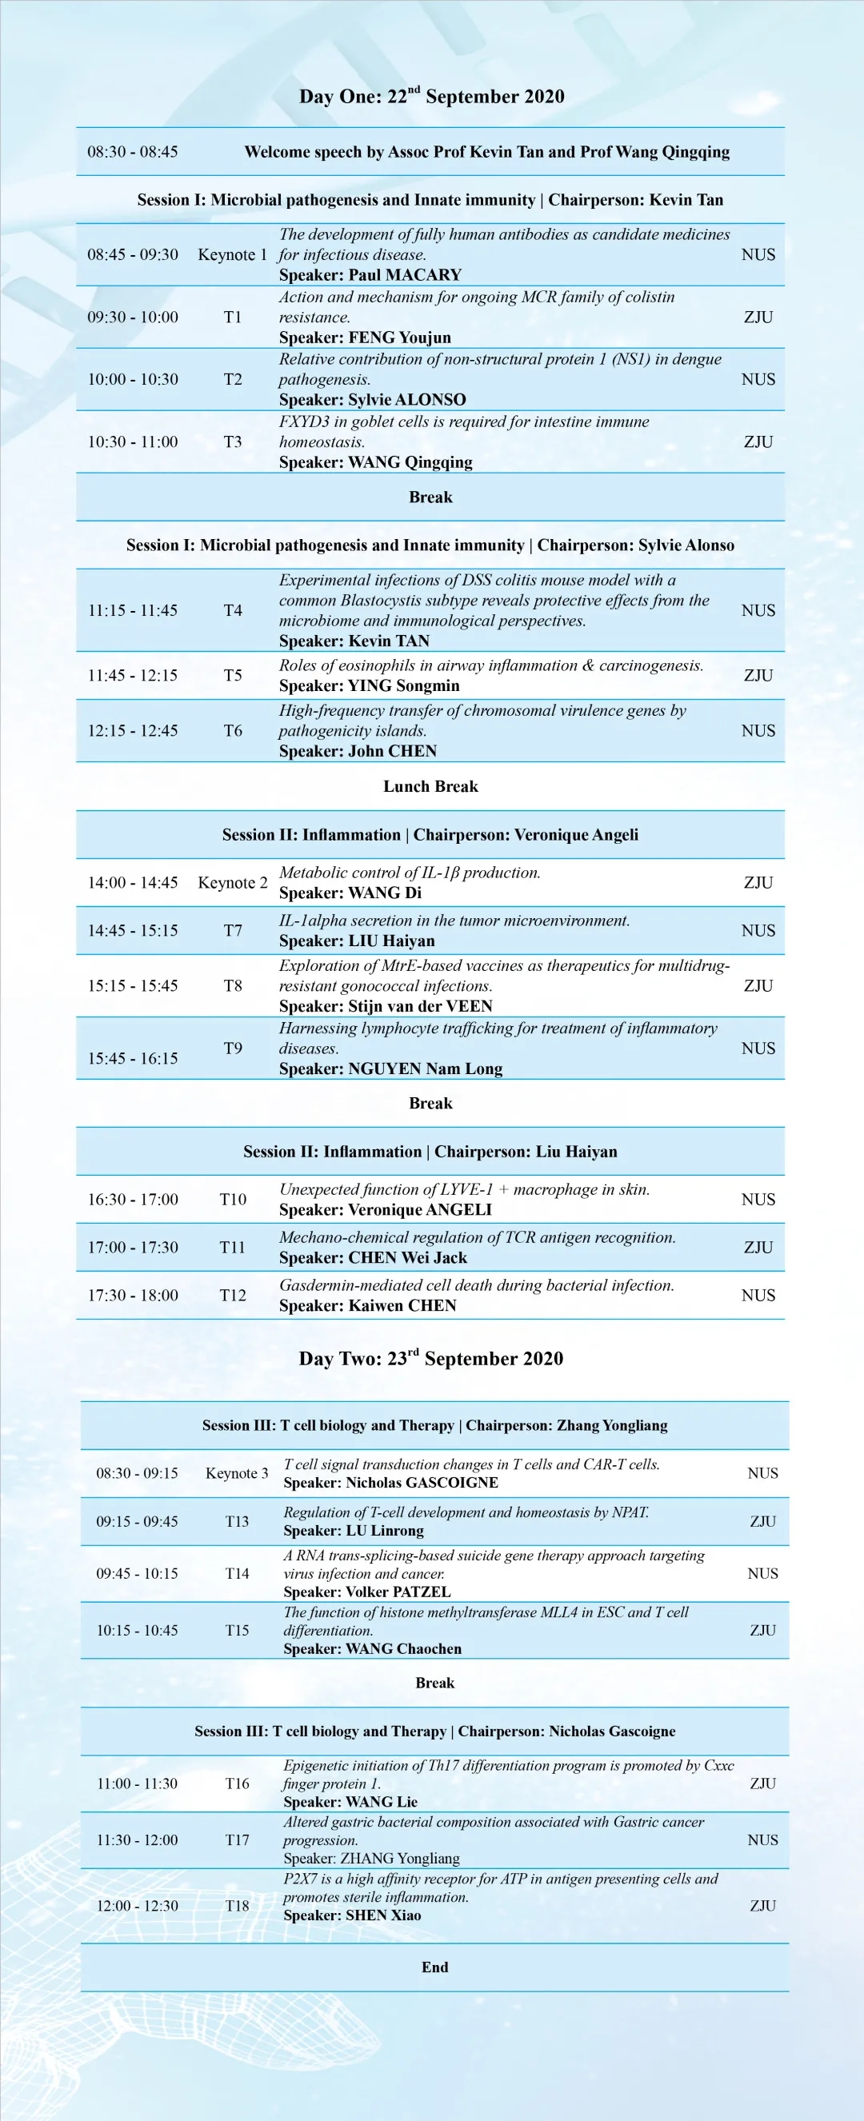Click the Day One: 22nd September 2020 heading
[431, 96]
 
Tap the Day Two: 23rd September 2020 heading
[430, 1359]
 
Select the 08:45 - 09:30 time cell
[133, 254]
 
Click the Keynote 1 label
[232, 254]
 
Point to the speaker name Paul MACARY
[405, 275]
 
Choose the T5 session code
[233, 675]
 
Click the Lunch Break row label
[430, 786]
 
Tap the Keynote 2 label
[232, 883]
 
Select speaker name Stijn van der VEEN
[420, 1006]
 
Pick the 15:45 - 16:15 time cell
[133, 1058]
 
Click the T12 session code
[233, 1295]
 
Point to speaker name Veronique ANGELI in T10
[419, 1209]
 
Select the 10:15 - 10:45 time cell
[137, 1630]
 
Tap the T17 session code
[238, 1839]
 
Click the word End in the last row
[435, 1967]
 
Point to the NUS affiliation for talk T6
[758, 730]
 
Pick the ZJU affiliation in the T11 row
[758, 1248]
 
